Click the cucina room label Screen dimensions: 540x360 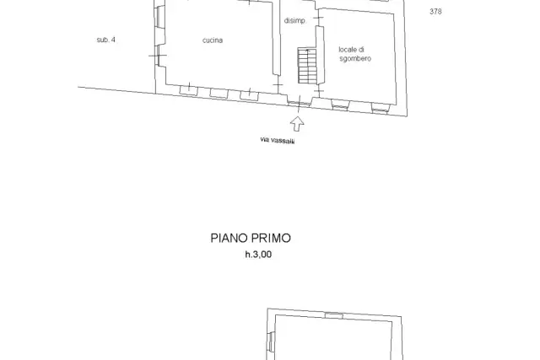213,40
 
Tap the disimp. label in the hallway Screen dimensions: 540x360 294,20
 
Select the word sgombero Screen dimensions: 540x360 355,59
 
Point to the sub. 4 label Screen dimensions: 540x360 106,40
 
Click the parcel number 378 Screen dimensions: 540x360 435,12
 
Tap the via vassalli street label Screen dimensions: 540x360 278,140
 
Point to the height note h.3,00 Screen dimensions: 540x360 258,255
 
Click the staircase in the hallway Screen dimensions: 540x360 307,66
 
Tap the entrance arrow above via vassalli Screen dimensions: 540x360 297,124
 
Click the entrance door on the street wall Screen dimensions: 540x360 299,103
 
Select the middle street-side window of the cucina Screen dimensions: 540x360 219,94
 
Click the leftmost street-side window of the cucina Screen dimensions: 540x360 189,90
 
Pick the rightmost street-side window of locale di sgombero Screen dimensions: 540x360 381,109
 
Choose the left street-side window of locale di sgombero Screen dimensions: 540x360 340,105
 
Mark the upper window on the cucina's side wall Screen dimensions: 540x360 159,17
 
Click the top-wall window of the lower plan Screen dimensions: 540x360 334,315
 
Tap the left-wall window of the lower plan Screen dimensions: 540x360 272,341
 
